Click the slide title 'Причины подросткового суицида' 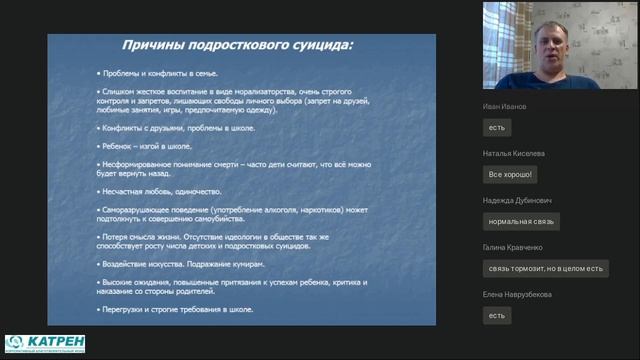point(238,46)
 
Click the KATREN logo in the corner point(44,343)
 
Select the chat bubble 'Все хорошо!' point(511,174)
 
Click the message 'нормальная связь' point(521,221)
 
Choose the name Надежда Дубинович point(516,201)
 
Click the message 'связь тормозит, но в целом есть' point(545,268)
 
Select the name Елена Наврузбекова point(517,295)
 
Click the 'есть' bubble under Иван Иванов point(497,127)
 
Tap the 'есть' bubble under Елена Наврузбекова point(497,315)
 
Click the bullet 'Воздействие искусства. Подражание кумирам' point(181,264)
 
